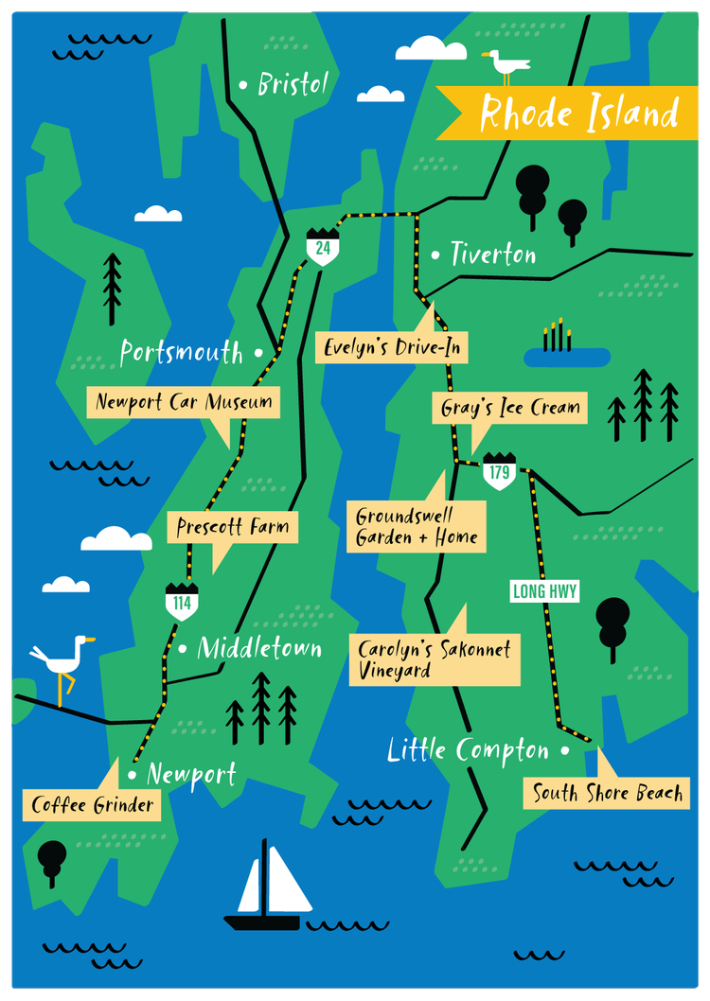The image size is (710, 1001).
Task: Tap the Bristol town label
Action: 293,84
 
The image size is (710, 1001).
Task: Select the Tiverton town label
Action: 492,255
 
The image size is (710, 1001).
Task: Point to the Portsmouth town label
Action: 182,353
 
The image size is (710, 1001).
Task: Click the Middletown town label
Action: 259,649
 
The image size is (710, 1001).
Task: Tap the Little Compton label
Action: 468,751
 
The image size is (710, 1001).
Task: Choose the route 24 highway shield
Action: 323,247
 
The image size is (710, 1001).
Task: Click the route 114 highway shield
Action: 182,602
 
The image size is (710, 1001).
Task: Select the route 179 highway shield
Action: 498,471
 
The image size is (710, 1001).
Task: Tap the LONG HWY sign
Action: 544,592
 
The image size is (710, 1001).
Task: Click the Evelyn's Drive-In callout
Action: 392,347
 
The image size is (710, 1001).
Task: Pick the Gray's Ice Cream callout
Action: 510,409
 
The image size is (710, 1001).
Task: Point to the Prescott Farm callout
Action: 232,527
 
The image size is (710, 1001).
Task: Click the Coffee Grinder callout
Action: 92,805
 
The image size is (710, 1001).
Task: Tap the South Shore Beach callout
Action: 607,793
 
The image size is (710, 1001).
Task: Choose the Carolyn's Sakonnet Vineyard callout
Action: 435,659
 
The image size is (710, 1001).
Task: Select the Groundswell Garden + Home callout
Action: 417,527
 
